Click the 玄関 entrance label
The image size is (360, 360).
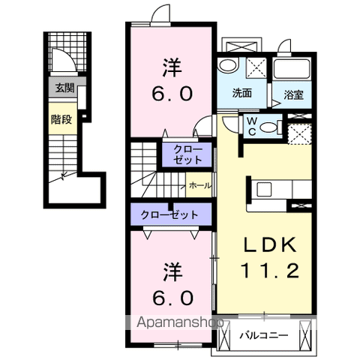click(x=64, y=88)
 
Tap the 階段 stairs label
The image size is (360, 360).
click(x=61, y=119)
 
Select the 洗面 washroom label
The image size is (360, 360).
click(x=242, y=93)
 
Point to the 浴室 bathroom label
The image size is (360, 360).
click(x=293, y=94)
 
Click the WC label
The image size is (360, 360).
click(x=252, y=126)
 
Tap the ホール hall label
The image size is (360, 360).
click(x=200, y=186)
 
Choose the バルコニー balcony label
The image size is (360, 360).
click(x=264, y=335)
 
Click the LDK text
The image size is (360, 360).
click(x=270, y=244)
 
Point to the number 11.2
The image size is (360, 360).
click(x=270, y=271)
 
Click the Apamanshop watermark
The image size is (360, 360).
click(x=180, y=322)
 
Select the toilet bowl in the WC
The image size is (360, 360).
click(x=268, y=127)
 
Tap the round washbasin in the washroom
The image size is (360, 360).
click(x=227, y=65)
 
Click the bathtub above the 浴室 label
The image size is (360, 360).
click(x=292, y=68)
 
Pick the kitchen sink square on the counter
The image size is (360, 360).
click(x=264, y=189)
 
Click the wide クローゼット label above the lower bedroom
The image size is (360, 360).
click(x=169, y=214)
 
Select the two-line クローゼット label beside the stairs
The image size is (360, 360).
click(x=187, y=154)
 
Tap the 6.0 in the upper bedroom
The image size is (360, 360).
click(x=172, y=94)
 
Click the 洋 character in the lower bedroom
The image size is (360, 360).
click(x=172, y=272)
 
